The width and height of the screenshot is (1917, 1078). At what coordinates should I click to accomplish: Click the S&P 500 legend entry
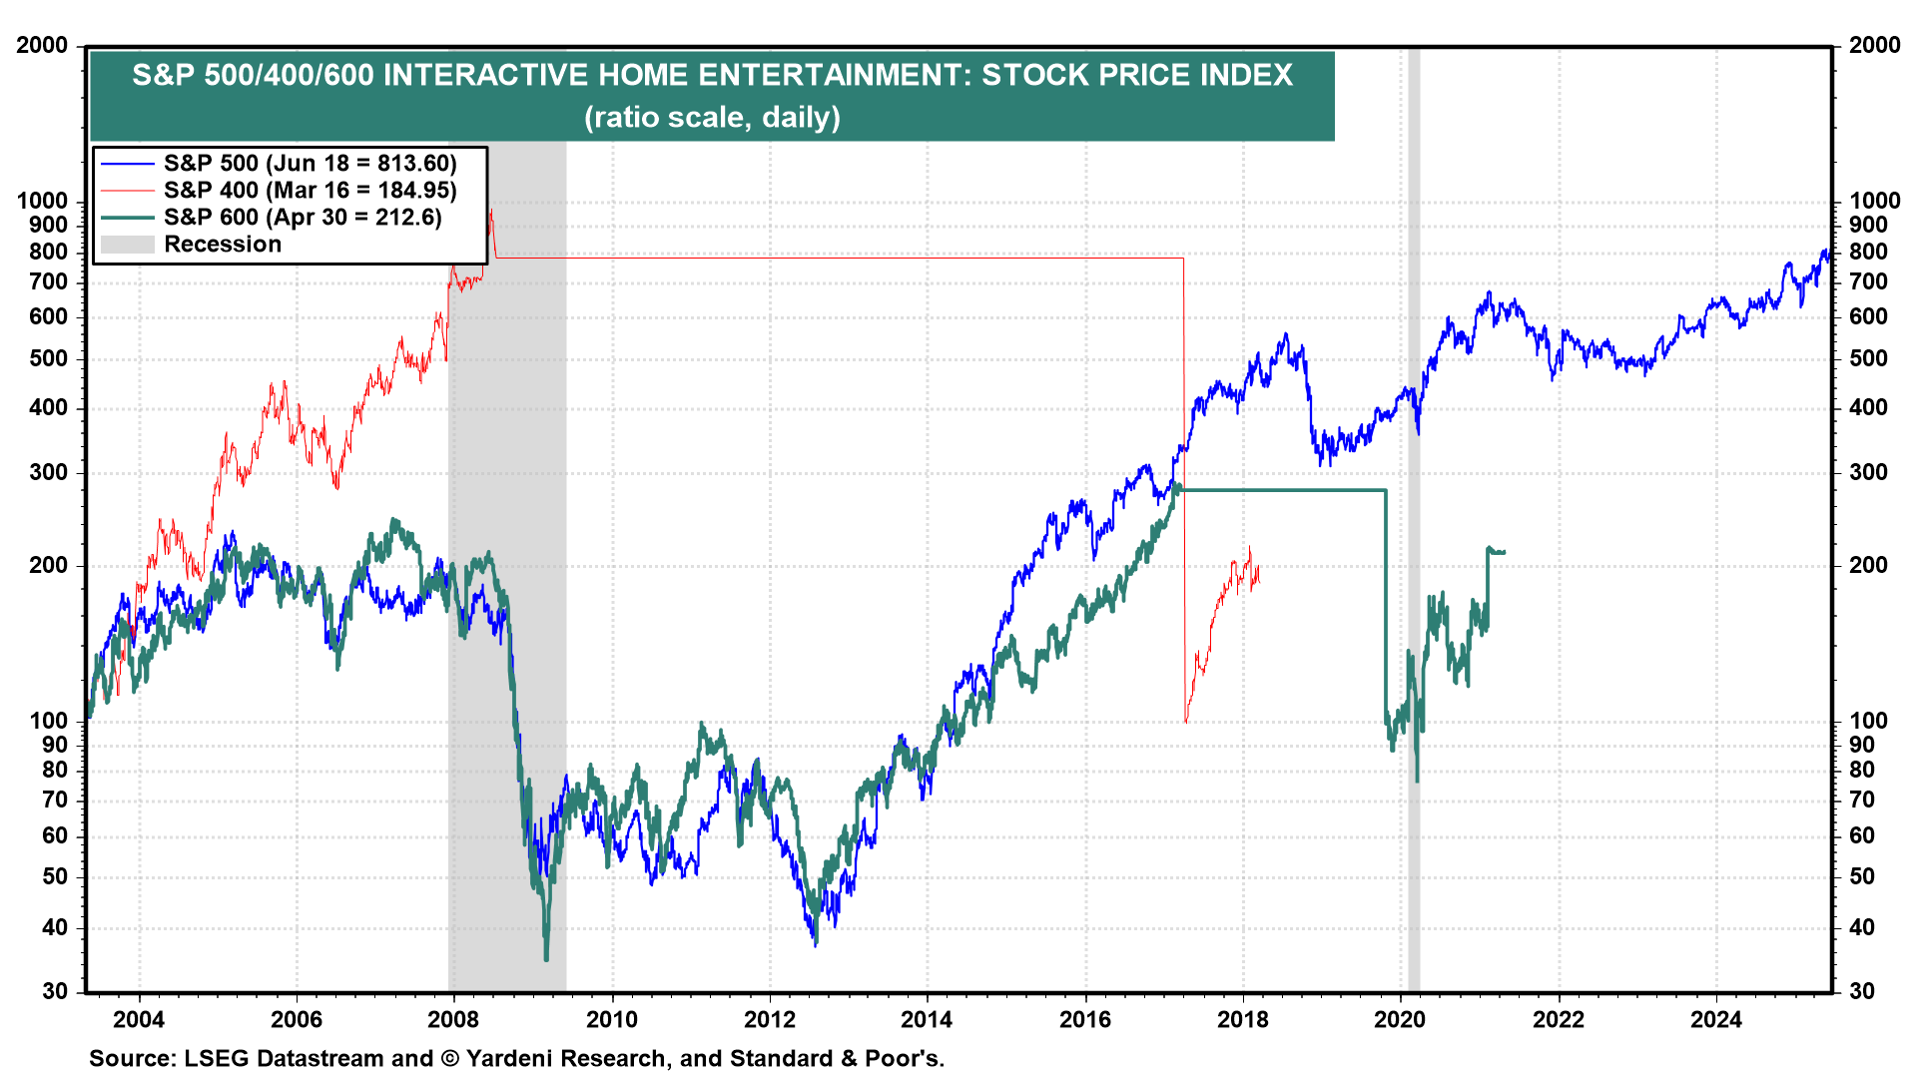pyautogui.click(x=310, y=164)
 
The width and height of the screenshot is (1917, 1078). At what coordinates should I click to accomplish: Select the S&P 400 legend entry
pyautogui.click(x=310, y=191)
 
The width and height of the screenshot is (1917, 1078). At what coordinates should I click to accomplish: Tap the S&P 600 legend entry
pyautogui.click(x=303, y=218)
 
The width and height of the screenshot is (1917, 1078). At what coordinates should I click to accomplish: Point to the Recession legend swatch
pyautogui.click(x=127, y=245)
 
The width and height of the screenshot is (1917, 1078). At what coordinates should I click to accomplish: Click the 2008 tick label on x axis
pyautogui.click(x=453, y=1019)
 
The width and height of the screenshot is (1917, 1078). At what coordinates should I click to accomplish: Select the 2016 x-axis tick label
pyautogui.click(x=1085, y=1019)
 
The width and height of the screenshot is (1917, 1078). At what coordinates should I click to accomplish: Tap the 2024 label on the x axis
pyautogui.click(x=1715, y=1019)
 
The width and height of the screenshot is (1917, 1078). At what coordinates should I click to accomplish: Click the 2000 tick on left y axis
pyautogui.click(x=42, y=46)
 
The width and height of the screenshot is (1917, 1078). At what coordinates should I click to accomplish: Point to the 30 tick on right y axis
pyautogui.click(x=1862, y=991)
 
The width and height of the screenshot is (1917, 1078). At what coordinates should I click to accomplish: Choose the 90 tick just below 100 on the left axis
pyautogui.click(x=55, y=745)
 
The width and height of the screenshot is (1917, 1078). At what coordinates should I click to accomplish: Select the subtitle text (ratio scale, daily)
pyautogui.click(x=712, y=118)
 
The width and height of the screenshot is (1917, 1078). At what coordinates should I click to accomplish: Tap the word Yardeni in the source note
pyautogui.click(x=512, y=1058)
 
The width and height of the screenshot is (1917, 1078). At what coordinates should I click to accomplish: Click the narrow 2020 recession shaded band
pyautogui.click(x=1413, y=499)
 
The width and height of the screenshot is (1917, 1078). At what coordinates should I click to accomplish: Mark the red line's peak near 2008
pyautogui.click(x=490, y=211)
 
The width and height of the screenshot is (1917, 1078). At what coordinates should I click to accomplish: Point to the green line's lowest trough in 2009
pyautogui.click(x=546, y=959)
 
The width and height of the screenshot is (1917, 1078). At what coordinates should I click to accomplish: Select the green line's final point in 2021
pyautogui.click(x=1504, y=552)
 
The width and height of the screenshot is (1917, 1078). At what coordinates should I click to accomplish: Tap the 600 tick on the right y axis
pyautogui.click(x=1868, y=316)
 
